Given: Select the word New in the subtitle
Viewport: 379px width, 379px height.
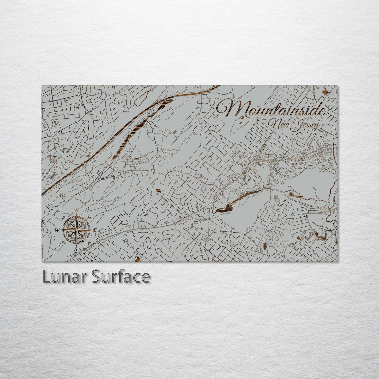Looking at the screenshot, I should pos(280,124).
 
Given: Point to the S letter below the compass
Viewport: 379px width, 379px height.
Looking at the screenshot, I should pos(76,249).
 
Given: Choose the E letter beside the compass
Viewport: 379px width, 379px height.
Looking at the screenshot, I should pos(95,230).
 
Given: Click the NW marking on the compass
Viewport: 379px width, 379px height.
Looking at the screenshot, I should pos(63,217).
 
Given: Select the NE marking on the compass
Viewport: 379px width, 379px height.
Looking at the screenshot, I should pos(89,217).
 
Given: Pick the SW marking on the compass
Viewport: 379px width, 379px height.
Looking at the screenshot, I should pos(63,242).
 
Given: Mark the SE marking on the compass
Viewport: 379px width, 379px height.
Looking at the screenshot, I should pos(88,242).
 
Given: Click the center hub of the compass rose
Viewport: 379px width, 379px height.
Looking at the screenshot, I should pos(76,230).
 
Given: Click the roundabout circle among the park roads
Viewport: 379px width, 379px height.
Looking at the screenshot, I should pos(164,151).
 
